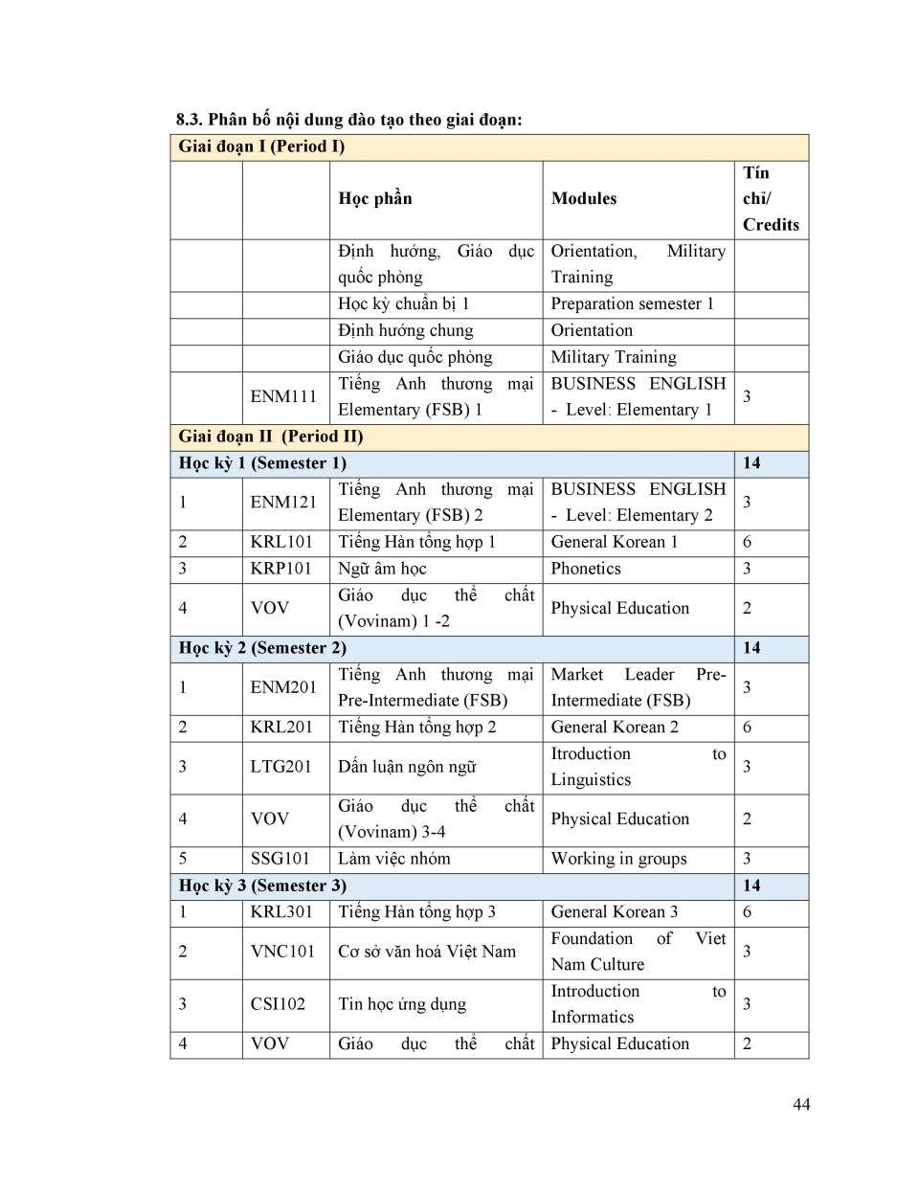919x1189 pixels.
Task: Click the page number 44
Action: [801, 1104]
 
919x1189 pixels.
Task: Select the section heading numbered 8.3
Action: [348, 120]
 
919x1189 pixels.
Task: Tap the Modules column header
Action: [584, 199]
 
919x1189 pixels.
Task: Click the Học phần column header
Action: [375, 199]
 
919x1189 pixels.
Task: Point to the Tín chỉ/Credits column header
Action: [770, 199]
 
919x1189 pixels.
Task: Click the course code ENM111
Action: [283, 396]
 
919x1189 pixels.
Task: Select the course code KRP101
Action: [281, 569]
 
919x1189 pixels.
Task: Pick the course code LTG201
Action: [281, 767]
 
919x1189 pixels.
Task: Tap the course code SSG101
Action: [280, 859]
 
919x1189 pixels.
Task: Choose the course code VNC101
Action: [282, 952]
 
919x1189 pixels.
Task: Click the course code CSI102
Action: [278, 1004]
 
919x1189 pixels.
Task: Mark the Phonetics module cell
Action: [586, 569]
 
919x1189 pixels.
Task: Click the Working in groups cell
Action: [618, 859]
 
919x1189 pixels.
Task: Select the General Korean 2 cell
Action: [615, 728]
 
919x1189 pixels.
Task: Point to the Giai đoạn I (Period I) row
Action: [261, 146]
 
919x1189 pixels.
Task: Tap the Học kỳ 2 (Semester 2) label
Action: [262, 648]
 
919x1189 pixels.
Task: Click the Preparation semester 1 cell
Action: [632, 304]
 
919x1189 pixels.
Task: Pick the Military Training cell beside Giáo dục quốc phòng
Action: [614, 357]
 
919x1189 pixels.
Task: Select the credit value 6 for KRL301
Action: [748, 912]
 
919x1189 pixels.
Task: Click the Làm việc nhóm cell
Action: [393, 859]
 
